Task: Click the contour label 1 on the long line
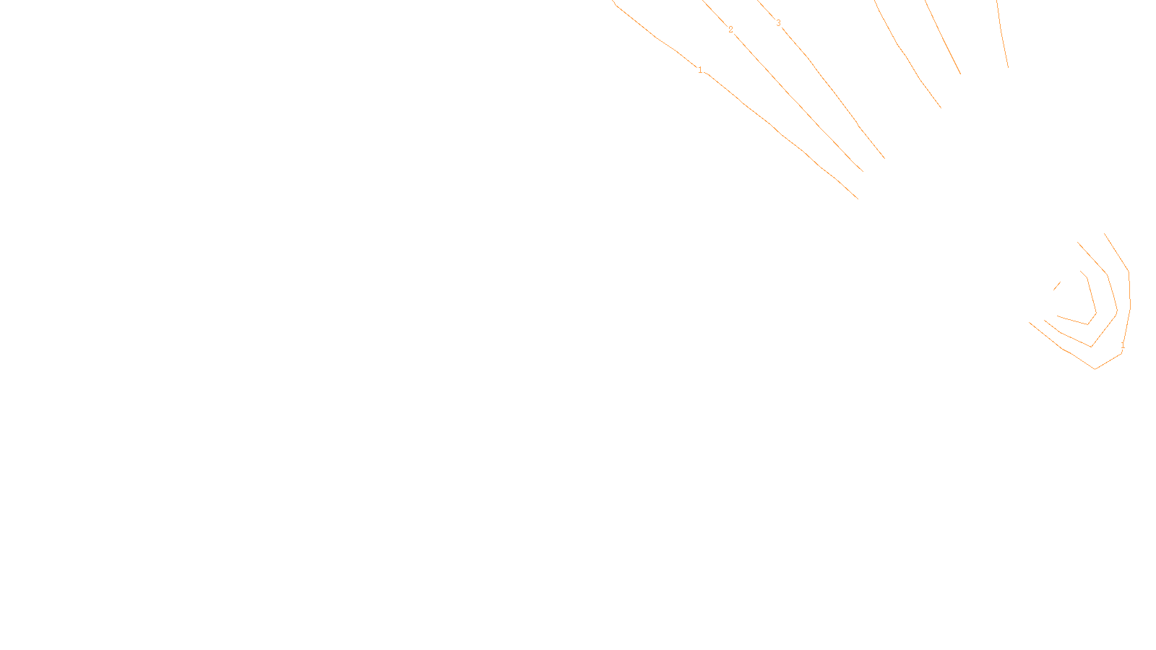pos(699,70)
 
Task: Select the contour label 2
pos(730,30)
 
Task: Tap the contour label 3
pos(778,23)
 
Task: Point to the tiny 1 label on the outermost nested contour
pos(1123,346)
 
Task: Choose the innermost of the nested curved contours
pos(1092,296)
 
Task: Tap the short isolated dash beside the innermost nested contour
pos(1057,285)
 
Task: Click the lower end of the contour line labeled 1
pos(857,197)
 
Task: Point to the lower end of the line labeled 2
pos(862,171)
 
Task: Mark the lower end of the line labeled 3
pos(884,157)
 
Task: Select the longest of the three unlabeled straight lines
pos(907,54)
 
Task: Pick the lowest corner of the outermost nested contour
pos(1096,368)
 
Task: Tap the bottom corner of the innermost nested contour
pos(1087,324)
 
